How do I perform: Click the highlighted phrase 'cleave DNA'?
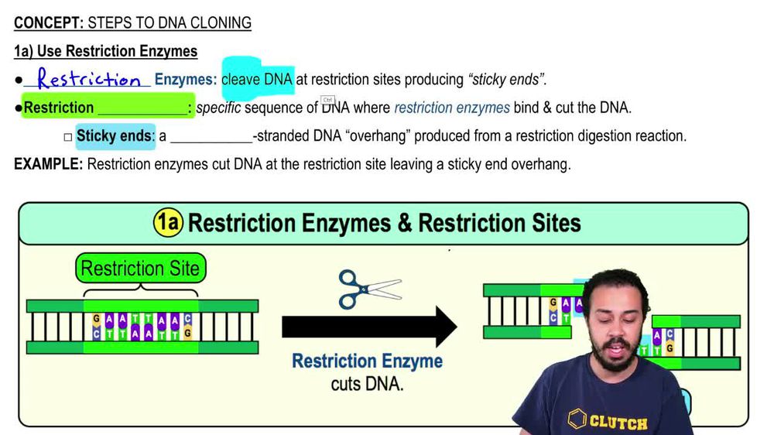tap(257, 79)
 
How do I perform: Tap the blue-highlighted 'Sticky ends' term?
tap(115, 136)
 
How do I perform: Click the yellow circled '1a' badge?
tap(168, 223)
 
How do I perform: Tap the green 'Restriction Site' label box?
tap(140, 269)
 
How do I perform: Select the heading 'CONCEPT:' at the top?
tap(48, 23)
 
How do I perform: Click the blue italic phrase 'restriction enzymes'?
tap(452, 108)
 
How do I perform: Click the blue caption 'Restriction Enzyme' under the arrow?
tap(367, 361)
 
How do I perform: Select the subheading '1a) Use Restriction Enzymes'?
tap(105, 52)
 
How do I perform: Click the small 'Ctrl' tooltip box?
tap(327, 100)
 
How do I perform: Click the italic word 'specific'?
tap(218, 108)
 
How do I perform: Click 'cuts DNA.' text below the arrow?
tap(367, 383)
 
